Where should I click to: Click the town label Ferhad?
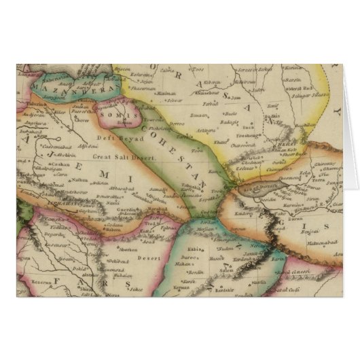click(x=211, y=104)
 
